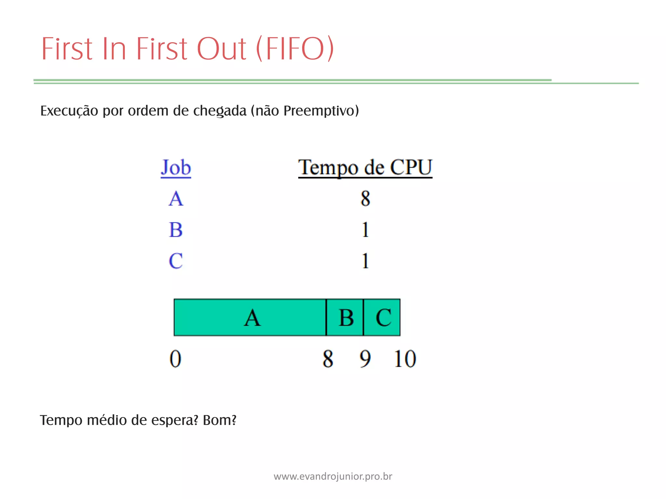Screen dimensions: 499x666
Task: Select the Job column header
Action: click(176, 168)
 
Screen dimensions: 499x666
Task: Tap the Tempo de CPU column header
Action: click(365, 168)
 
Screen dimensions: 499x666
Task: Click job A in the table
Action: click(176, 198)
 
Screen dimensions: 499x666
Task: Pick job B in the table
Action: click(176, 230)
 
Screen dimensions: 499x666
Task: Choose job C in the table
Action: click(176, 261)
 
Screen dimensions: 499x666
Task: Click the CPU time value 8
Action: click(365, 198)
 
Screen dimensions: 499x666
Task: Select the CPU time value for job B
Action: click(365, 230)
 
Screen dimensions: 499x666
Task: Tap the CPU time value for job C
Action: click(365, 261)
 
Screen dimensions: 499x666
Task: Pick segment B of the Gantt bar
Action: click(345, 317)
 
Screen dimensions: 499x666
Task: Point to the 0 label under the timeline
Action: click(175, 359)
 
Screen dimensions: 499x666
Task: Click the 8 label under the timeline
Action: click(328, 359)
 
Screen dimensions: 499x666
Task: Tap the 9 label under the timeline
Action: click(365, 359)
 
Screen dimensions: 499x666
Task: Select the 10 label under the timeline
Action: click(405, 359)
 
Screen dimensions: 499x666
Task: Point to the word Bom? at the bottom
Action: click(220, 420)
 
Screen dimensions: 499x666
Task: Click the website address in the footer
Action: click(333, 476)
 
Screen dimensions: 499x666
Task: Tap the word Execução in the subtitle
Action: click(69, 111)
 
